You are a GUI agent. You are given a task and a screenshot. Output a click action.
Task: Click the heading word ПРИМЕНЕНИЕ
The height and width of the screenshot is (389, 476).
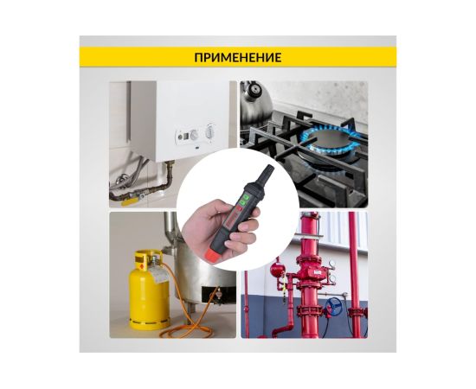(238, 57)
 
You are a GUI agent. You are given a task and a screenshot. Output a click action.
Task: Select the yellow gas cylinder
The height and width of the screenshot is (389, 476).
(149, 290)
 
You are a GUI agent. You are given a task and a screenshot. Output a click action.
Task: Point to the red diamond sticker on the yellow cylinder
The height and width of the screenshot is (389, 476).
(141, 266)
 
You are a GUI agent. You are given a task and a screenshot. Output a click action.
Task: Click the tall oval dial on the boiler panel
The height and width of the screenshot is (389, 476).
(209, 132)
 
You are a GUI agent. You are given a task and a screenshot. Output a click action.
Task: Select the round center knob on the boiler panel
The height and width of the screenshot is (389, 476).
(194, 135)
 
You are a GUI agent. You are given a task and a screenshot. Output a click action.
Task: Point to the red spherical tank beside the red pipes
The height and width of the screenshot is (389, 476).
(276, 269)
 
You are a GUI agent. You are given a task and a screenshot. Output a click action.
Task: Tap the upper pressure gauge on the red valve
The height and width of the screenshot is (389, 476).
(332, 264)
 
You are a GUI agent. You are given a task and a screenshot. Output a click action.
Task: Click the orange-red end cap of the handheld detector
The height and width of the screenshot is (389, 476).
(215, 255)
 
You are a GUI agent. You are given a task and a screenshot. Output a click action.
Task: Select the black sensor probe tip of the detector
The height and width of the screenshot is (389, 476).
(266, 174)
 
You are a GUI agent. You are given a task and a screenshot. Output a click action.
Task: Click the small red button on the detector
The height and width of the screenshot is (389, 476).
(239, 208)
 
